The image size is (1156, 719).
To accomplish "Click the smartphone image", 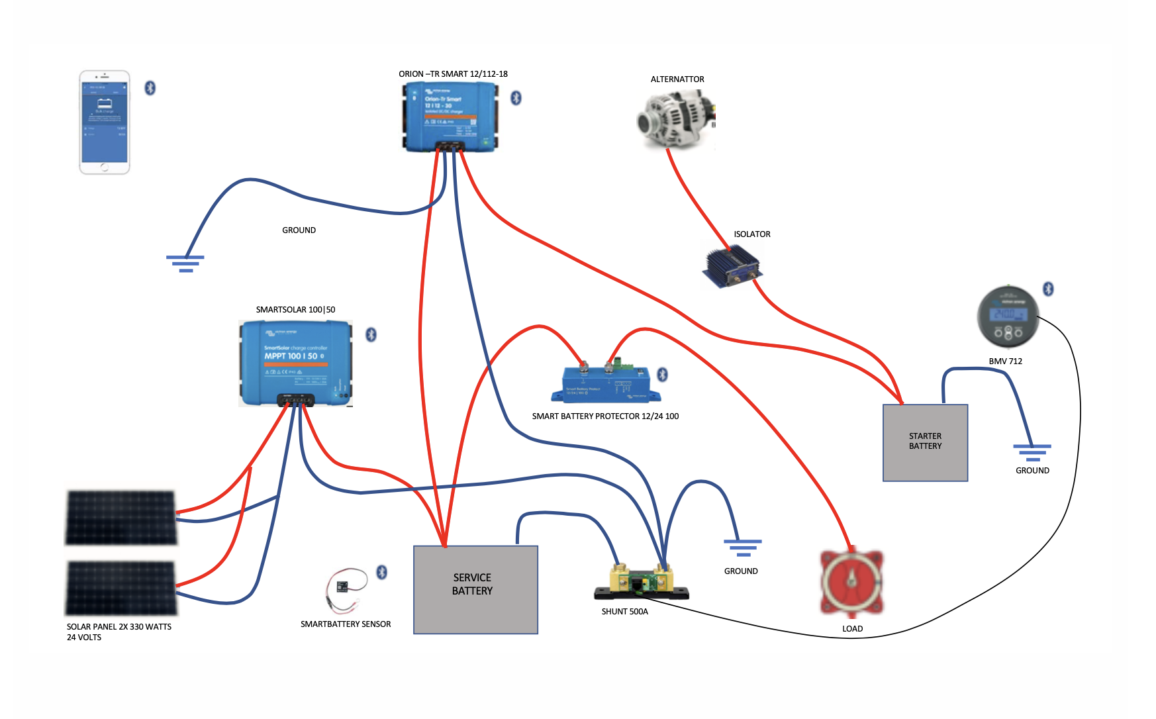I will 105,122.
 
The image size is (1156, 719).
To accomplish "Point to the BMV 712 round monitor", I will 1008,317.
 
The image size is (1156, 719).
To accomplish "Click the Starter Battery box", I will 925,442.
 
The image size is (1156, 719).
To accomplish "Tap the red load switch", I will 851,582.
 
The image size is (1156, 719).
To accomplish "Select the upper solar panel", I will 120,518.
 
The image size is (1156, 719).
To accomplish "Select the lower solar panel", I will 120,587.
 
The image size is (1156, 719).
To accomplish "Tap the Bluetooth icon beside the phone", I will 150,88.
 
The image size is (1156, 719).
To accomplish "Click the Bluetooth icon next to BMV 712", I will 1048,289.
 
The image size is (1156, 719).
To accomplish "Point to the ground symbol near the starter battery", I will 1032,453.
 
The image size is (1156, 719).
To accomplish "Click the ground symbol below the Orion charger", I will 185,264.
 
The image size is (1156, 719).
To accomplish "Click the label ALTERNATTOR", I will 677,79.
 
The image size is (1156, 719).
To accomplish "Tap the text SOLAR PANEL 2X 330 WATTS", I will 119,627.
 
